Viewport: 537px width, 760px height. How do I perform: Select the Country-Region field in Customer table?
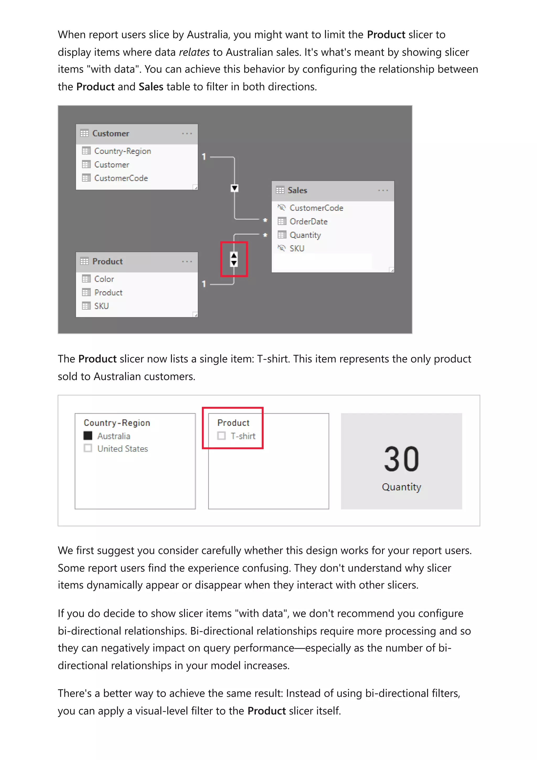coord(122,151)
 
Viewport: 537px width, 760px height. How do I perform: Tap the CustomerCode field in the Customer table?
coord(121,178)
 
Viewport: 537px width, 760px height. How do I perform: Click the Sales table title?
coord(297,190)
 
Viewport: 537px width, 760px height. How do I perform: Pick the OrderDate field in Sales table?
coord(308,221)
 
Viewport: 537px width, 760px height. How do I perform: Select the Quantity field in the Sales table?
coord(305,235)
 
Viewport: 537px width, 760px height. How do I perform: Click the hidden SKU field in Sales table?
coord(297,248)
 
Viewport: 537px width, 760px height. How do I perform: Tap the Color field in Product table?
coord(104,279)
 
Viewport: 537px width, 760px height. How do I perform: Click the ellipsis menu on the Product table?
coord(187,261)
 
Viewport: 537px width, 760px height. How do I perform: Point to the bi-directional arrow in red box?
coord(234,259)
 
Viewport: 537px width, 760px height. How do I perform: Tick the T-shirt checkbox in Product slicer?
coord(221,436)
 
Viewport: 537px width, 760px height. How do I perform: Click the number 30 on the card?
coord(401,459)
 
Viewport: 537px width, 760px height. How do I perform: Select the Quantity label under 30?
coord(401,487)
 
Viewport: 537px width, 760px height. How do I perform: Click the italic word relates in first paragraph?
coord(194,52)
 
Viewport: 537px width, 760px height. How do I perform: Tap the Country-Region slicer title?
coord(117,423)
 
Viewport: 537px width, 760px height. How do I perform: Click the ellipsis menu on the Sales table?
coord(383,190)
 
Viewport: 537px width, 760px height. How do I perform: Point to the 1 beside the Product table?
coord(204,284)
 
